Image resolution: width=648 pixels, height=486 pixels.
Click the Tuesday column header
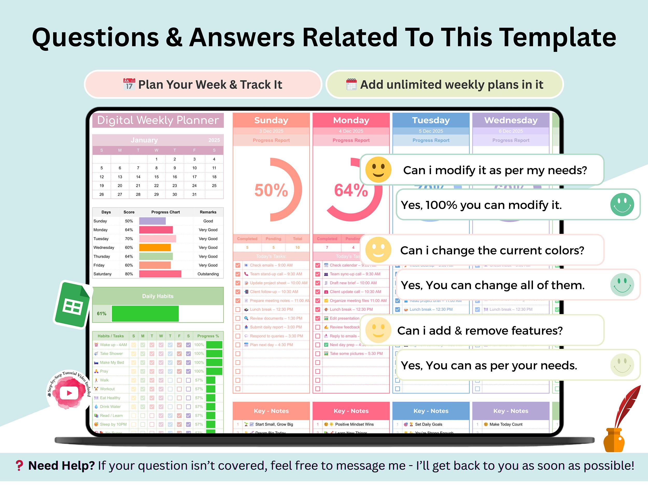[431, 120]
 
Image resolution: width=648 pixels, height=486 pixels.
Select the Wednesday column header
[511, 120]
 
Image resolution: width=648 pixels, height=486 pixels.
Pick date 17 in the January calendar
[194, 177]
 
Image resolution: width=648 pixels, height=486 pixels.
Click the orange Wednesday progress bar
[155, 248]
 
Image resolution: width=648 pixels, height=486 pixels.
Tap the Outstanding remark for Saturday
[208, 274]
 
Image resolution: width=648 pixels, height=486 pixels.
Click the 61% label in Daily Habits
[102, 313]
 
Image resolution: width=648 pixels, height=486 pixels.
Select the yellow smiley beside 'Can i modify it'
[378, 170]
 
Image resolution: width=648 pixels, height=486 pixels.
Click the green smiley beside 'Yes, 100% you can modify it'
[622, 205]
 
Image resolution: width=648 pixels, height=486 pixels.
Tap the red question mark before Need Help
[19, 466]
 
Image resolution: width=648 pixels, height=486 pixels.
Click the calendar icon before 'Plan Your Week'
[129, 84]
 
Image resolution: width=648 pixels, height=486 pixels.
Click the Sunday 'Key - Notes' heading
[271, 411]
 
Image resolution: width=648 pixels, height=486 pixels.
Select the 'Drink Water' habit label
[110, 407]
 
